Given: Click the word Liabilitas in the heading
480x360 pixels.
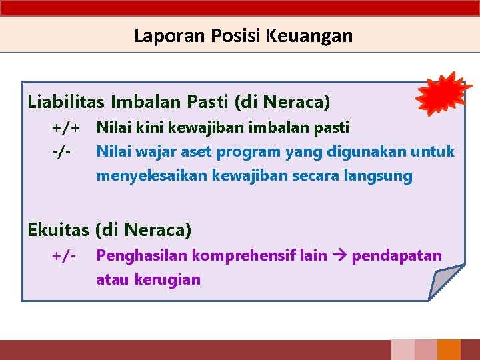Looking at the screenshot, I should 66,102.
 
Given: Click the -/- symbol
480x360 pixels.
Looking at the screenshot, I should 62,151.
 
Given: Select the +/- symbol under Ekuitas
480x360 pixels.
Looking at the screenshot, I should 64,255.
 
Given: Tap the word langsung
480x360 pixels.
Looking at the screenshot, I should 383,177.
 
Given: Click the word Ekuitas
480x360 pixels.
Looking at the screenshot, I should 58,230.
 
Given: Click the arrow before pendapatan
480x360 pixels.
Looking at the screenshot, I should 339,255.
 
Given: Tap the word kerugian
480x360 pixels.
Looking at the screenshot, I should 167,279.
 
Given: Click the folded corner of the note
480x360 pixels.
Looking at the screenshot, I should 445,282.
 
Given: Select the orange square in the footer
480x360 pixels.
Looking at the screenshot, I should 449,350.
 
